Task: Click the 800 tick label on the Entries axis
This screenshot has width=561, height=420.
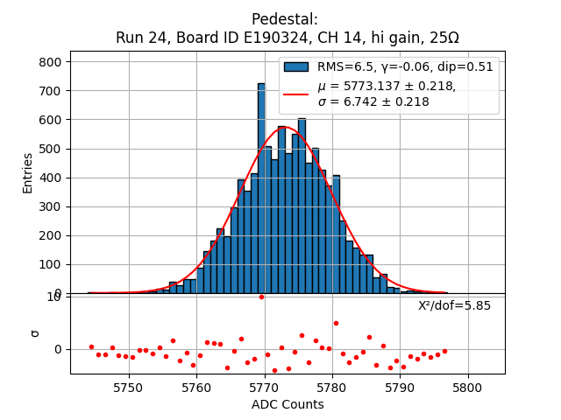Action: pyautogui.click(x=51, y=62)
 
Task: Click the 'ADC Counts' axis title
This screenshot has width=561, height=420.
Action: pyautogui.click(x=287, y=404)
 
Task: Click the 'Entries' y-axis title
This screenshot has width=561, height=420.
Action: pyautogui.click(x=28, y=172)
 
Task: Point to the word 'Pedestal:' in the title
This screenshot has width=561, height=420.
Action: pyautogui.click(x=285, y=19)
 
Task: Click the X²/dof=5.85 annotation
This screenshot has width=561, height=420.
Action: pyautogui.click(x=454, y=305)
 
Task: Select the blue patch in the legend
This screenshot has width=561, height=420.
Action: pyautogui.click(x=295, y=66)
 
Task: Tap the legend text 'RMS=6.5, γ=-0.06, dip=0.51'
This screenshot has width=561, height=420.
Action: pyautogui.click(x=405, y=66)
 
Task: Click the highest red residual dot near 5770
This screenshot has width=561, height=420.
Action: pyautogui.click(x=261, y=297)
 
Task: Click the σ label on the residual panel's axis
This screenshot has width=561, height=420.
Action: pyautogui.click(x=35, y=332)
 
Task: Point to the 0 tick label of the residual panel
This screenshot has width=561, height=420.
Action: pyautogui.click(x=58, y=349)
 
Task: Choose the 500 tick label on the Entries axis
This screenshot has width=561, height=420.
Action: pyautogui.click(x=51, y=149)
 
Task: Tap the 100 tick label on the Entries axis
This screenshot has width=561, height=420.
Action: pyautogui.click(x=51, y=264)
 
